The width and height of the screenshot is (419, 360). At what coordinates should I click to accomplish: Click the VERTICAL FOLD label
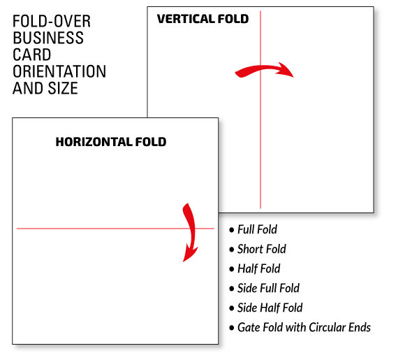point(203,19)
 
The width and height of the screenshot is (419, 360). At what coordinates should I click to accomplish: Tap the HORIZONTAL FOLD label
point(111,142)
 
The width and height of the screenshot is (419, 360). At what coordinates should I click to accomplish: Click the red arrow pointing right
point(264,69)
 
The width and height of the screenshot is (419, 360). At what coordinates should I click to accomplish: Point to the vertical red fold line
point(260,110)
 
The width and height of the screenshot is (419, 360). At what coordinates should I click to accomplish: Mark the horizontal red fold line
point(115,229)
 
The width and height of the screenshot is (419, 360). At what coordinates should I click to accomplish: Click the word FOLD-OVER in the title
point(52,22)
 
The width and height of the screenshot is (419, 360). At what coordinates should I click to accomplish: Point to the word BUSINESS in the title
point(48,38)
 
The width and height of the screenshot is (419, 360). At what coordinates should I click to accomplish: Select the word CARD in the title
point(32,55)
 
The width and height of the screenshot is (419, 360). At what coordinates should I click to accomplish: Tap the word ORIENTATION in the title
point(59,71)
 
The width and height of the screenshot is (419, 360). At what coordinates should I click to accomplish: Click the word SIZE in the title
point(63,88)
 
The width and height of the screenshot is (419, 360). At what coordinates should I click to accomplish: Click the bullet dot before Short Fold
point(231,250)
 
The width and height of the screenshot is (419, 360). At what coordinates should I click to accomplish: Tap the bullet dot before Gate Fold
point(231,328)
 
